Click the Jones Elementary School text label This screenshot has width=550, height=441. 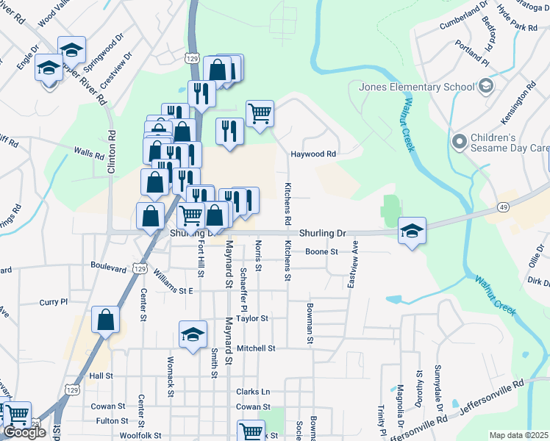(417, 87)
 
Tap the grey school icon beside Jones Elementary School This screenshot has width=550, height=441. (485, 87)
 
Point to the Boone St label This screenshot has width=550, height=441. (321, 251)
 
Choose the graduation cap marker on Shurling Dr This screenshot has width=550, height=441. (412, 231)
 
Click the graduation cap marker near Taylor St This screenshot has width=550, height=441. (192, 334)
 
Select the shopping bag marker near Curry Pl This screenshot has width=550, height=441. (106, 320)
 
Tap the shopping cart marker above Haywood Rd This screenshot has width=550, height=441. (260, 114)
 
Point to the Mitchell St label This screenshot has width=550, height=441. (256, 348)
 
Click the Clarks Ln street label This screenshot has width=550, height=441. (253, 392)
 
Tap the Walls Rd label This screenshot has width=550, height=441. (89, 154)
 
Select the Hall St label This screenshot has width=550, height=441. (100, 376)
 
